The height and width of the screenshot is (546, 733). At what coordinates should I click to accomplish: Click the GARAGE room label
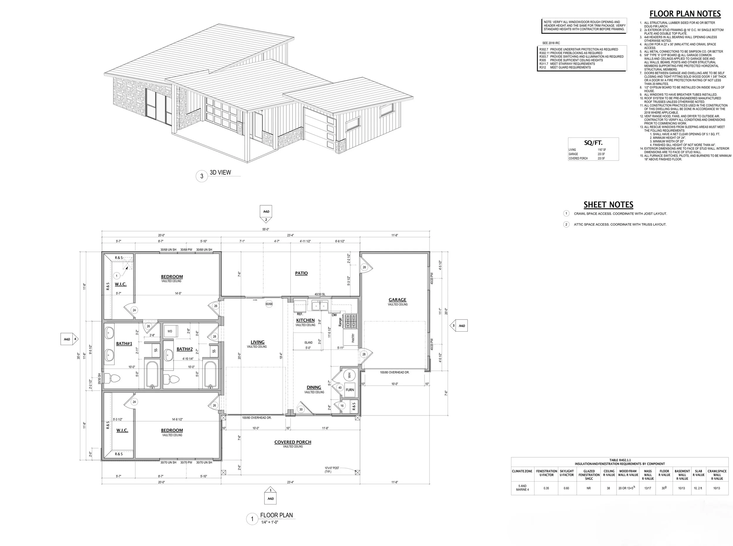click(x=397, y=300)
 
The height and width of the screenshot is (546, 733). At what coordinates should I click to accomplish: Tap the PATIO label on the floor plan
click(x=301, y=273)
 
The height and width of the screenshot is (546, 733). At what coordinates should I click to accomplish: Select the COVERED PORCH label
click(x=292, y=442)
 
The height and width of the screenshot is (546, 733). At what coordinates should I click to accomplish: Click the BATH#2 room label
click(x=184, y=349)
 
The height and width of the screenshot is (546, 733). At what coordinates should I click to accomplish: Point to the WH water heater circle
click(x=349, y=375)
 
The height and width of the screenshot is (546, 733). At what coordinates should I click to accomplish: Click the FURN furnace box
click(x=349, y=390)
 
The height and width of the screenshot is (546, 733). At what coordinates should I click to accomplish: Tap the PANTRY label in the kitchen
click(x=353, y=338)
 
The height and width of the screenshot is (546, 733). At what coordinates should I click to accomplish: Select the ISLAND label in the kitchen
click(x=308, y=342)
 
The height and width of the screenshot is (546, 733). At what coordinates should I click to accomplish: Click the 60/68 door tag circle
click(x=269, y=304)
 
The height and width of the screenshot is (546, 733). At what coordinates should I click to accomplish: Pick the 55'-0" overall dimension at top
click(x=266, y=229)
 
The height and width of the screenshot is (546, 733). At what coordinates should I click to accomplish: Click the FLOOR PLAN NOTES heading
click(x=685, y=14)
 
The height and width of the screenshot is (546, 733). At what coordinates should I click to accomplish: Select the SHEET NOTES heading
click(x=608, y=204)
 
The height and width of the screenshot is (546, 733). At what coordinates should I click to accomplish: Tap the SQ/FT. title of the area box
click(x=593, y=143)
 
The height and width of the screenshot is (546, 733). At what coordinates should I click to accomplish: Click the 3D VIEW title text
click(x=220, y=172)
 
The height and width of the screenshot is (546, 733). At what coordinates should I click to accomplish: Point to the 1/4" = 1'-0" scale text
click(x=269, y=522)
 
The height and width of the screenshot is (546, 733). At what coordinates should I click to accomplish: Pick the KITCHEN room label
click(x=305, y=320)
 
